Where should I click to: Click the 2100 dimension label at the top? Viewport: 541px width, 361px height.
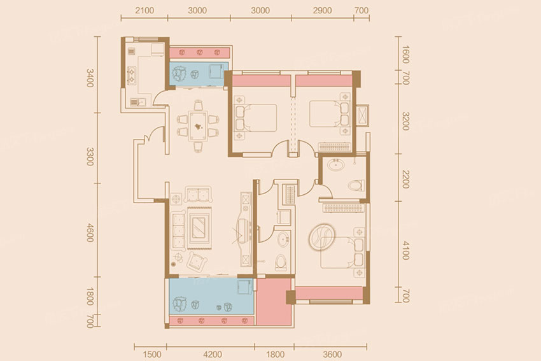pos(144,10)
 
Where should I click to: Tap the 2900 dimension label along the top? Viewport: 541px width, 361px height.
pos(322,10)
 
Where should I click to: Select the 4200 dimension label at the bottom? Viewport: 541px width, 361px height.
pos(213,354)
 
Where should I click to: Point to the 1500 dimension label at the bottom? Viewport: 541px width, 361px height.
pos(152,354)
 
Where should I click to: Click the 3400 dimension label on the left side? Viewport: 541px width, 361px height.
pos(90,78)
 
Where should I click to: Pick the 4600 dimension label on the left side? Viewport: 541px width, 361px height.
pos(90,232)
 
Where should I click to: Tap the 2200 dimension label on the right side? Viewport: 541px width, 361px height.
pos(406,179)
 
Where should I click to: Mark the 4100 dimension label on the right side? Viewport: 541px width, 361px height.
pos(406,250)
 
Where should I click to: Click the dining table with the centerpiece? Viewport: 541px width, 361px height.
pos(198,126)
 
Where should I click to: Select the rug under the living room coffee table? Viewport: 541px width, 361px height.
pos(199,228)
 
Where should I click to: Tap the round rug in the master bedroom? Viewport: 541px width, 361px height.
pos(321,237)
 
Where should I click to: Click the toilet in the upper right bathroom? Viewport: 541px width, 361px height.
pos(356,186)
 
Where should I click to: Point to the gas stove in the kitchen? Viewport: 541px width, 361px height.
pos(132,75)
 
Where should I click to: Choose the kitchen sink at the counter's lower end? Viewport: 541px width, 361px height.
pos(137,102)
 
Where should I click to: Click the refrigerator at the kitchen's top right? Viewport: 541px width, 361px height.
pos(158,50)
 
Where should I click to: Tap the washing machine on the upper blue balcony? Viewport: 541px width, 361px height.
pos(216,71)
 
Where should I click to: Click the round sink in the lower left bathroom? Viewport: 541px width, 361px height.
pos(284,239)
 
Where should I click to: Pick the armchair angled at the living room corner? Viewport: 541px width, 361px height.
pos(197,261)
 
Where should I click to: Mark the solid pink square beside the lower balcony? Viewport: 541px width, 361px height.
pos(274,302)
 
